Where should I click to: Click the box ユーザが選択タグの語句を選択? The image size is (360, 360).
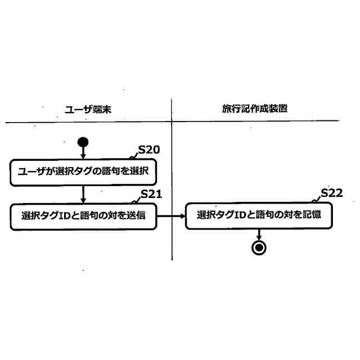[x=82, y=172]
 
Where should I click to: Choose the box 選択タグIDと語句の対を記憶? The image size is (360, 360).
[x=258, y=215]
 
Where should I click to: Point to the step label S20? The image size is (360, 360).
[x=150, y=151]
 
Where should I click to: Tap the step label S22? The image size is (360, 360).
[x=332, y=194]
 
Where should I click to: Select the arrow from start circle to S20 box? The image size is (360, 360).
[x=83, y=152]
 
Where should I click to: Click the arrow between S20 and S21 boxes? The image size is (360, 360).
[x=83, y=194]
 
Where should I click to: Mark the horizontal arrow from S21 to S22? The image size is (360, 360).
[x=170, y=215]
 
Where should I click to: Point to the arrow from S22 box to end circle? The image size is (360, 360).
[x=259, y=234]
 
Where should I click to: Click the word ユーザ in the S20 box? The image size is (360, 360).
[x=32, y=172]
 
